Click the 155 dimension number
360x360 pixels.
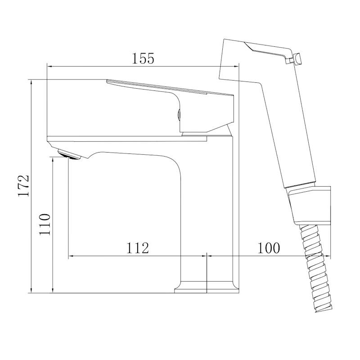143,58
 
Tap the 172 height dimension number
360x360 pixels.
23,186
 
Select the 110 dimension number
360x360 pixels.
45,224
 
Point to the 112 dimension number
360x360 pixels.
138,248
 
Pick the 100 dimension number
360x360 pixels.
269,248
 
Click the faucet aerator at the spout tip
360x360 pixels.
70,154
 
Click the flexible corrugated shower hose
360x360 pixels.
316,268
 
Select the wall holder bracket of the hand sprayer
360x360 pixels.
310,204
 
